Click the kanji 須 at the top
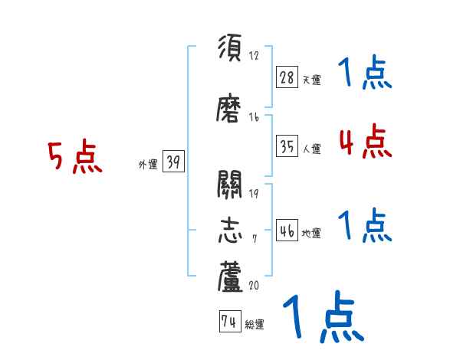coord(231,49)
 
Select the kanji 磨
coord(231,111)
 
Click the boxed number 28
coord(287,77)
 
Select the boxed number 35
coord(287,145)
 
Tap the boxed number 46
coord(287,229)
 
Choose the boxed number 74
coord(228,322)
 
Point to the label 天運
coord(311,80)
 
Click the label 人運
coord(311,149)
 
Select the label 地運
coord(311,233)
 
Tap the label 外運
coord(147,163)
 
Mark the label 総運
coord(255,325)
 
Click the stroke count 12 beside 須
coord(255,55)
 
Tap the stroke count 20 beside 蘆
coord(255,285)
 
